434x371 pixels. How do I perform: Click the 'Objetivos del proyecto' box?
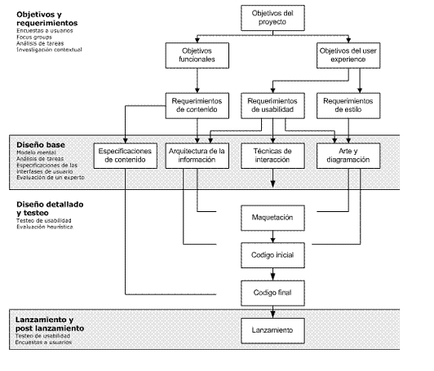click(x=272, y=18)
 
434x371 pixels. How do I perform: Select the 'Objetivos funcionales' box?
click(x=197, y=55)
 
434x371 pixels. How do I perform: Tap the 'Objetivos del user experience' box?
click(x=348, y=55)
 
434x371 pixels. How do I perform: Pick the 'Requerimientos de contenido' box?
click(x=197, y=106)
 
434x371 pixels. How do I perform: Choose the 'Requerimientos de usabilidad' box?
click(x=272, y=106)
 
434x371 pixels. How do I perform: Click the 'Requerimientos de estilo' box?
click(x=348, y=106)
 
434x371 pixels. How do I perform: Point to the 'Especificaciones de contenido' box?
click(x=126, y=156)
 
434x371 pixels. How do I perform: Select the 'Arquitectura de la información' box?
click(x=197, y=156)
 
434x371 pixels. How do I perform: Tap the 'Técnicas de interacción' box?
click(x=272, y=156)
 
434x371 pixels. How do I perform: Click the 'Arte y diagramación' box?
click(x=348, y=156)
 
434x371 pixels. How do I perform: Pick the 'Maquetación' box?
click(x=272, y=218)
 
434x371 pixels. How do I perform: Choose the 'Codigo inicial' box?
click(x=272, y=255)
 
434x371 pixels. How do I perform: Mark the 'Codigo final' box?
click(x=272, y=294)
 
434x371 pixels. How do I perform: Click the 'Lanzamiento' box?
click(x=272, y=331)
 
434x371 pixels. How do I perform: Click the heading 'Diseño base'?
click(x=41, y=145)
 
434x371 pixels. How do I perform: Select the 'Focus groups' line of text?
click(x=34, y=37)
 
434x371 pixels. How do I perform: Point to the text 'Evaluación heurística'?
click(x=45, y=227)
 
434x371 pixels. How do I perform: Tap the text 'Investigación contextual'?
click(x=49, y=50)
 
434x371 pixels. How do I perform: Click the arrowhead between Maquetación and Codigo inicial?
click(x=272, y=240)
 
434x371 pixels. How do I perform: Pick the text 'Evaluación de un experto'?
click(x=51, y=178)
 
